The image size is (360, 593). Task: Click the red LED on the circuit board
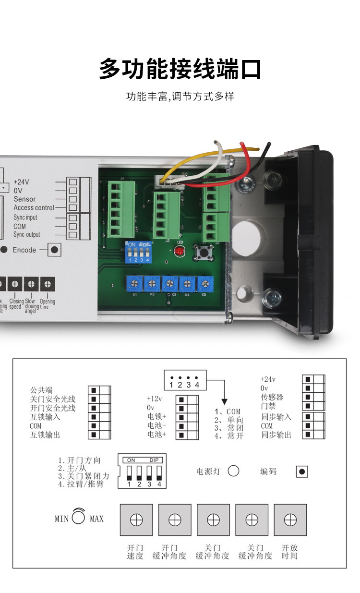click(179, 252)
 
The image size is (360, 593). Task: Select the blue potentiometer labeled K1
click(135, 282)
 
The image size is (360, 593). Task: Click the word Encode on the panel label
click(24, 250)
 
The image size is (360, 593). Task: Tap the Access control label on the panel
click(34, 207)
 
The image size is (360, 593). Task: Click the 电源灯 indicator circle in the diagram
click(233, 471)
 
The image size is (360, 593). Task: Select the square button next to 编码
click(301, 472)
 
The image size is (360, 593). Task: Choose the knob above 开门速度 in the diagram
click(136, 520)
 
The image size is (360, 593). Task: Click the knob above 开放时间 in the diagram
click(290, 520)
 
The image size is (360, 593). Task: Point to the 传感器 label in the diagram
click(272, 397)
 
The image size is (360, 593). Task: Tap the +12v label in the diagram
click(155, 399)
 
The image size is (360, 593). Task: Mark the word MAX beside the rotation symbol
click(96, 519)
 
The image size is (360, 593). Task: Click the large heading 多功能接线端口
click(180, 69)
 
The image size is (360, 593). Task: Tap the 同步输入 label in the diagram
click(276, 416)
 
